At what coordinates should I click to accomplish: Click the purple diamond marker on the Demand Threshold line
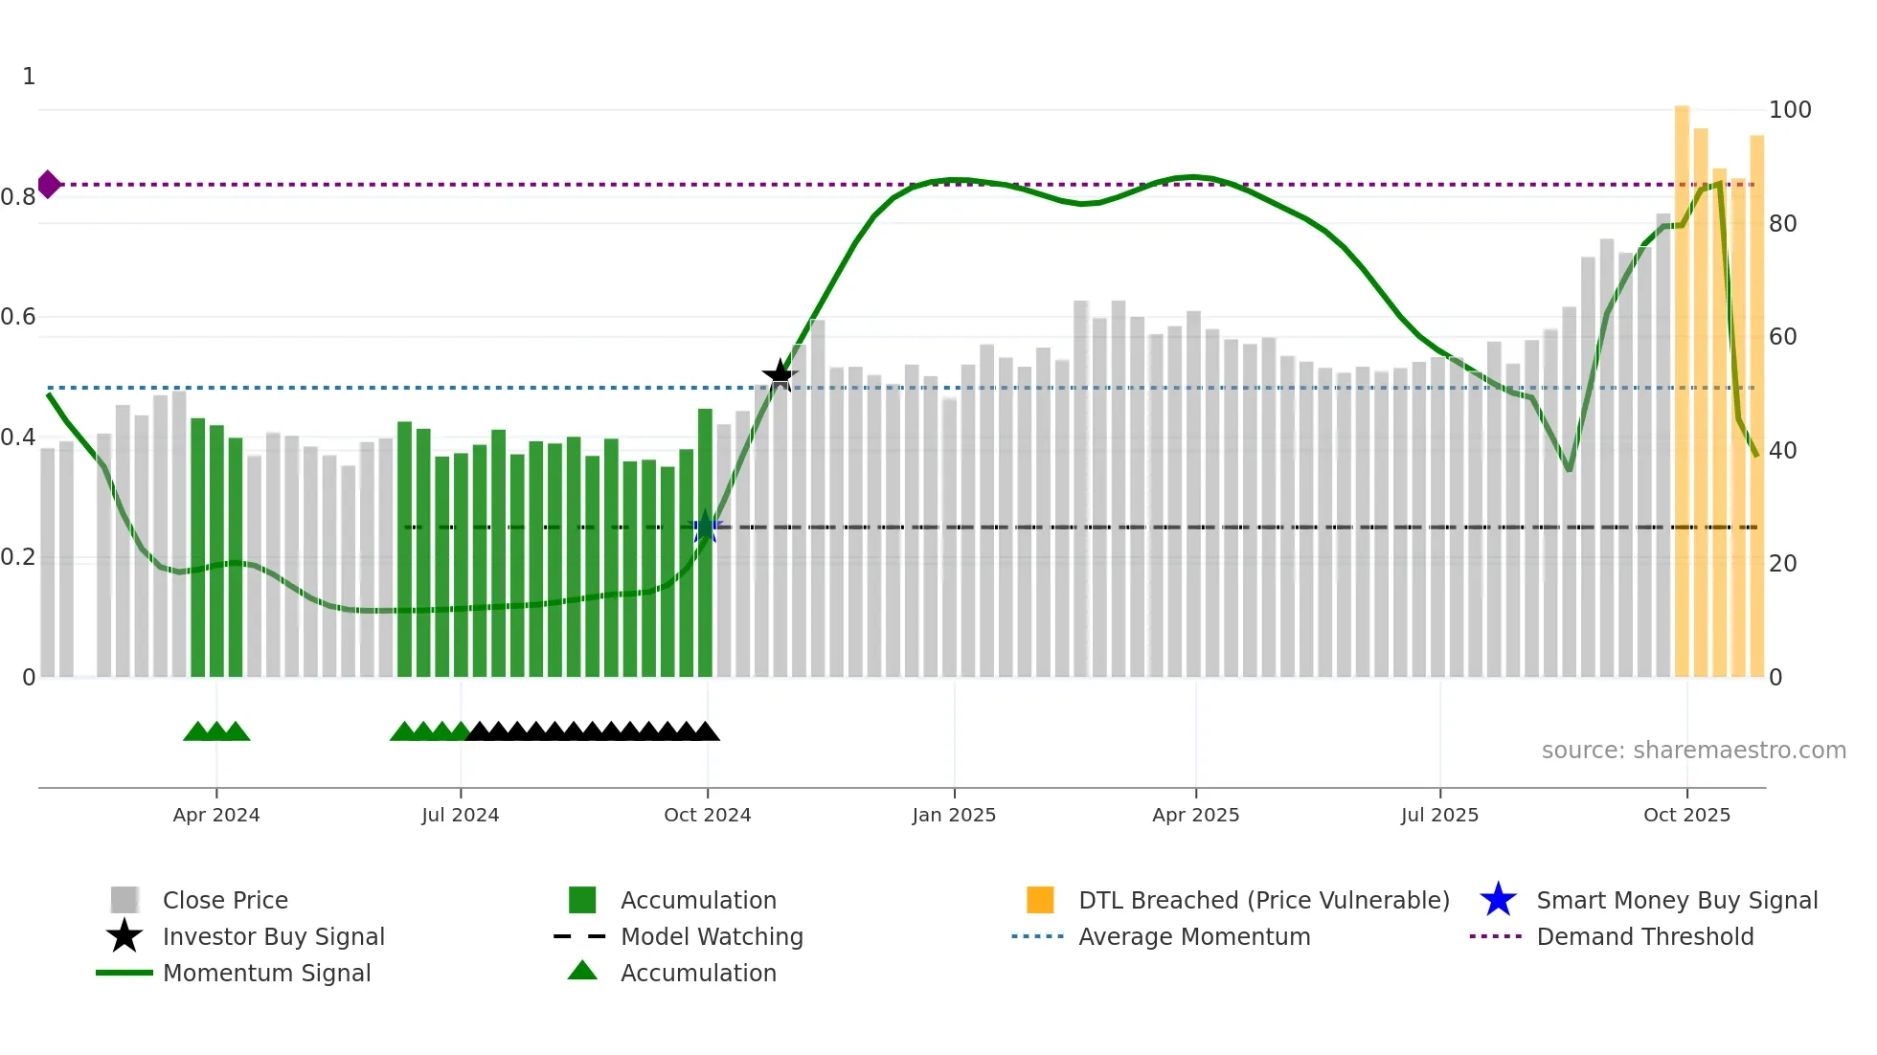click(x=49, y=184)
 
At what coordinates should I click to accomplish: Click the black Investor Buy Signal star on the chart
click(x=780, y=375)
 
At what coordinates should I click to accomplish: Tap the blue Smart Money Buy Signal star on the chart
click(x=706, y=527)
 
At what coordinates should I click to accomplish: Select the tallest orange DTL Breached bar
click(x=1682, y=383)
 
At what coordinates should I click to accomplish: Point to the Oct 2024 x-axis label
click(x=707, y=815)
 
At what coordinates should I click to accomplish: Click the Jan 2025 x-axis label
click(x=954, y=815)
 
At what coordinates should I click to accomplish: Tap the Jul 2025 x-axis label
click(x=1439, y=815)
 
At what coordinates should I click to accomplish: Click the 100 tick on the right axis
click(x=1789, y=110)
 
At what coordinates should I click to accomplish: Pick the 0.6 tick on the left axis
click(x=18, y=317)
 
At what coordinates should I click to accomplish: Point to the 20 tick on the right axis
click(x=1782, y=564)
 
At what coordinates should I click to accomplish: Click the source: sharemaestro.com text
click(x=1693, y=751)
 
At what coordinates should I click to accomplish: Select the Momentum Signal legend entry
click(x=266, y=973)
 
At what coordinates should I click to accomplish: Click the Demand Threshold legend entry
click(x=1644, y=936)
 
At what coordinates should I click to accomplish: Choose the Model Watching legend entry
click(x=711, y=936)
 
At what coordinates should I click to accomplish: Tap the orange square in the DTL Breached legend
click(x=1040, y=900)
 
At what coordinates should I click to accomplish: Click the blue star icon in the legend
click(x=1498, y=900)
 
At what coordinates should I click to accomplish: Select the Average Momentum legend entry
click(x=1193, y=936)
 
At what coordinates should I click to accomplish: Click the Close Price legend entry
click(x=225, y=900)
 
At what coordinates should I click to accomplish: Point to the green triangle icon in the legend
click(x=582, y=971)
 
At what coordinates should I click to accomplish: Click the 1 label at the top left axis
click(x=29, y=77)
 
